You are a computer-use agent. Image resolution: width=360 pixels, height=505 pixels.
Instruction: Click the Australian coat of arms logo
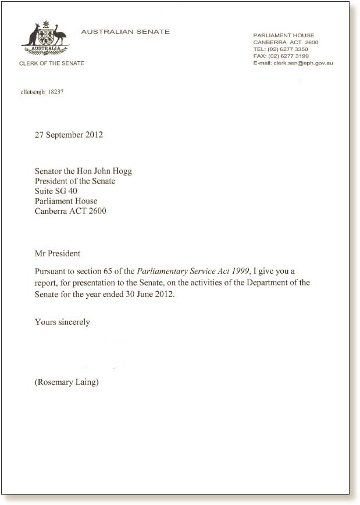(45, 39)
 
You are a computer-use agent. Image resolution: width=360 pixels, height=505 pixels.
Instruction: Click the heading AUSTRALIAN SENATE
(126, 31)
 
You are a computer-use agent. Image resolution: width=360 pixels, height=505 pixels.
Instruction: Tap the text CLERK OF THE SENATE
(52, 63)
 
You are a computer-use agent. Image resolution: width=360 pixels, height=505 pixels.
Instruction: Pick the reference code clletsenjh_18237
(42, 92)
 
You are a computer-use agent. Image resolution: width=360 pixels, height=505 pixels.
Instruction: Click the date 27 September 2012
(69, 135)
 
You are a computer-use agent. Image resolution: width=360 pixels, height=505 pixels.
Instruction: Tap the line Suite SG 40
(56, 191)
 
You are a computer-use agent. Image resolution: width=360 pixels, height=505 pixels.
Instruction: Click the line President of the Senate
(75, 181)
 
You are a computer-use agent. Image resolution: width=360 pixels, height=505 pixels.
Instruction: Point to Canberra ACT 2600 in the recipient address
(70, 211)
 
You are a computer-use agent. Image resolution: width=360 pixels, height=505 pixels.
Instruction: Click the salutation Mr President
(58, 253)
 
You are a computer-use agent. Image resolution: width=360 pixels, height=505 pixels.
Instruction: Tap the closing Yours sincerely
(62, 321)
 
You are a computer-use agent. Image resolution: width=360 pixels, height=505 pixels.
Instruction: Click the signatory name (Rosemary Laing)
(66, 382)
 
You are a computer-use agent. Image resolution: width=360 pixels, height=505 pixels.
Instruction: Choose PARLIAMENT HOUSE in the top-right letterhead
(284, 35)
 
